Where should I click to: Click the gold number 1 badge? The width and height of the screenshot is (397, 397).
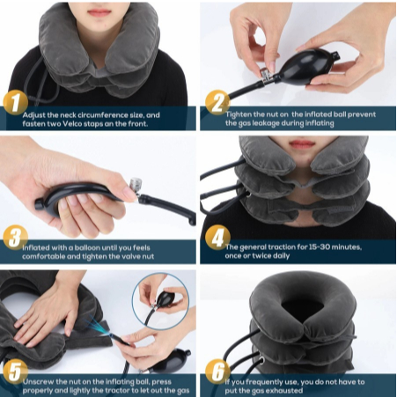pyautogui.click(x=15, y=102)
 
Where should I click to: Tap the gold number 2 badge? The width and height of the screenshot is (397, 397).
pyautogui.click(x=217, y=102)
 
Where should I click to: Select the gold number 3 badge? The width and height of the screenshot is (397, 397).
pyautogui.click(x=15, y=237)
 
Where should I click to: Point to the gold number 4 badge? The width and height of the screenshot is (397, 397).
pyautogui.click(x=217, y=237)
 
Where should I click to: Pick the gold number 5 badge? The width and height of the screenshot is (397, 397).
pyautogui.click(x=15, y=371)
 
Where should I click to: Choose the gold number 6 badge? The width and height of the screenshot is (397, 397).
pyautogui.click(x=217, y=371)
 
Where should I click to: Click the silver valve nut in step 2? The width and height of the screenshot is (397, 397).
pyautogui.click(x=263, y=74)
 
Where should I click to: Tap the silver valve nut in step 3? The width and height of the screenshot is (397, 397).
pyautogui.click(x=136, y=184)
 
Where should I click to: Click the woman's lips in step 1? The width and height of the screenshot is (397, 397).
pyautogui.click(x=99, y=12)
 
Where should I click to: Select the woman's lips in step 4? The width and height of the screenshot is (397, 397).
pyautogui.click(x=302, y=143)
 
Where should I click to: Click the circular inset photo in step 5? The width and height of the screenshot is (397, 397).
pyautogui.click(x=160, y=301)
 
